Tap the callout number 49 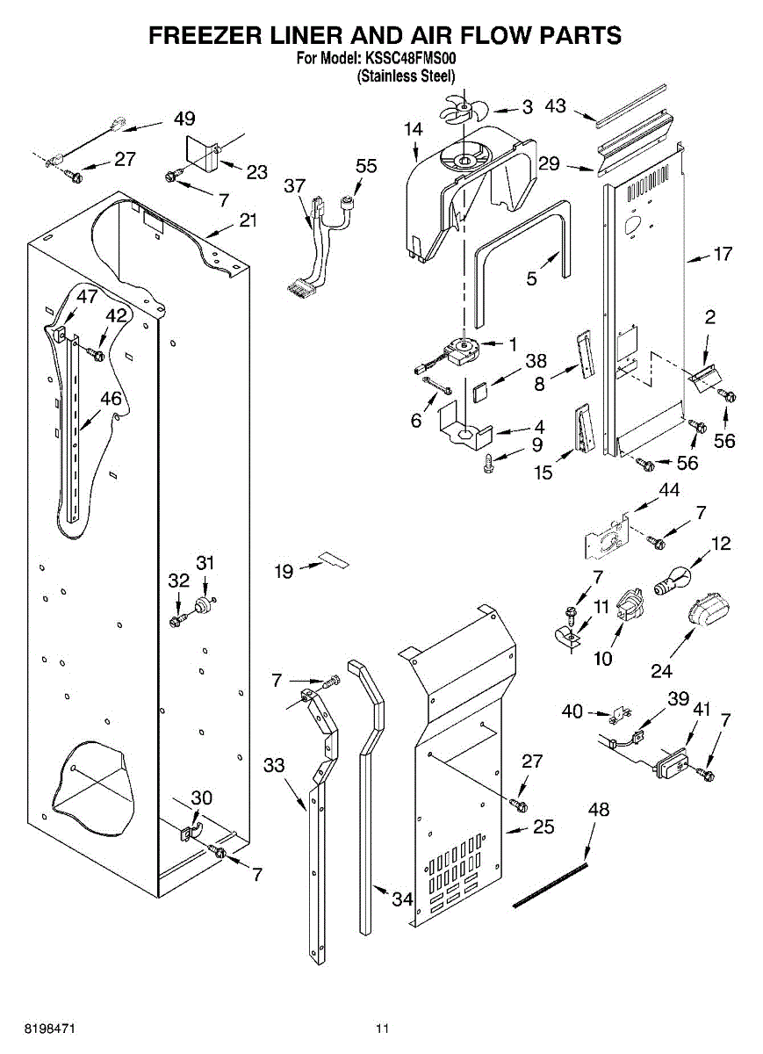[184, 119]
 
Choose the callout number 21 [248, 220]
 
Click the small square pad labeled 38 [479, 392]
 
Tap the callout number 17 [723, 254]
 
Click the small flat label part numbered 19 [335, 559]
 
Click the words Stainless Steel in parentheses [406, 76]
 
